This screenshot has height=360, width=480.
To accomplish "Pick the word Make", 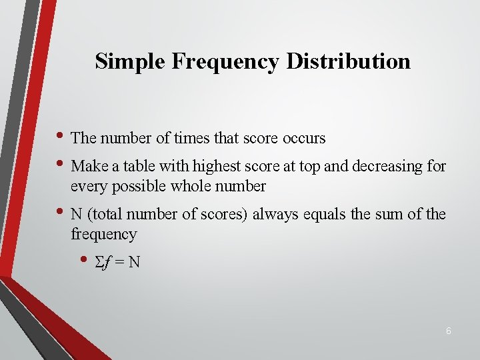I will (x=87, y=166).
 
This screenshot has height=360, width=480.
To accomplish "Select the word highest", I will (x=215, y=166).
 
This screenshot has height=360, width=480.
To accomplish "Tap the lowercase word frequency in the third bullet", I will (x=103, y=234).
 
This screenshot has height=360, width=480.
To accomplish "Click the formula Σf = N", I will (x=119, y=261).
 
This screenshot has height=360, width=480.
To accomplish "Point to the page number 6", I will (x=449, y=331).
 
